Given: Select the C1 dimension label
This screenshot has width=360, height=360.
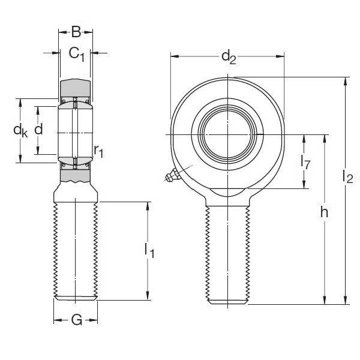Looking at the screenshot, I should coord(77,54).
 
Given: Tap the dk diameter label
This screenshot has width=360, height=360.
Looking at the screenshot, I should coord(20,130).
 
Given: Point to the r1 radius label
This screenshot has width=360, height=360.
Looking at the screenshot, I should coord(98,151).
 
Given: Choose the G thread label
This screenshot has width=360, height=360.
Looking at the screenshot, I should coord(76,320).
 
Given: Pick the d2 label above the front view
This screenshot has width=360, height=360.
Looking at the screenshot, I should coord(228,57).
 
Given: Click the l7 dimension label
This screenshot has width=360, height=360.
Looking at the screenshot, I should coord(305,161).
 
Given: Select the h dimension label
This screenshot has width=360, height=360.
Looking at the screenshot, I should coord(324,212).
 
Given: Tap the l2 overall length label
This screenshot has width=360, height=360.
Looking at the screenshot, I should coord(347,176).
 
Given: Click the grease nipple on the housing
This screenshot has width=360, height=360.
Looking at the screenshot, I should coord(172,176).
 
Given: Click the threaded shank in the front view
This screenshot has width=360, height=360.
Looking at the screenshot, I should coord(228,252).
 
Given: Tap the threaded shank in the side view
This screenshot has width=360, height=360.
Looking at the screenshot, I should coord(76,252).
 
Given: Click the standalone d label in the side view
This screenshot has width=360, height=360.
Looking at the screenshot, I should coord(38,130).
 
